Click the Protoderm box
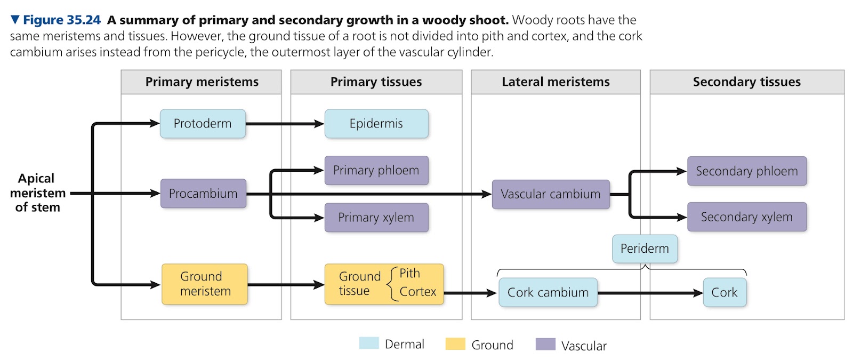point(203,123)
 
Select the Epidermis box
point(376,123)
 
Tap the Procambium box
point(203,194)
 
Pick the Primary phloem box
point(376,170)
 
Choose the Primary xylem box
point(376,218)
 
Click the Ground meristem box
point(205,284)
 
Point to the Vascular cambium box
point(551,194)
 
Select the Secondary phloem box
point(747,171)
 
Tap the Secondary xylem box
point(747,217)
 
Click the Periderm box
point(645,249)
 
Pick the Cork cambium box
point(548,293)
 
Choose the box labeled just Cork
point(725,293)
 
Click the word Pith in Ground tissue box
point(410,273)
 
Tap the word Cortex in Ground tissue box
point(418,291)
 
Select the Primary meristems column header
point(202,82)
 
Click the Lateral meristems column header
point(556,82)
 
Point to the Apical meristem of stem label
point(38,193)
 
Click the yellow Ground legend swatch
point(455,343)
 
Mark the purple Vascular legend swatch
point(545,344)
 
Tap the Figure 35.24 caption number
point(62,20)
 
